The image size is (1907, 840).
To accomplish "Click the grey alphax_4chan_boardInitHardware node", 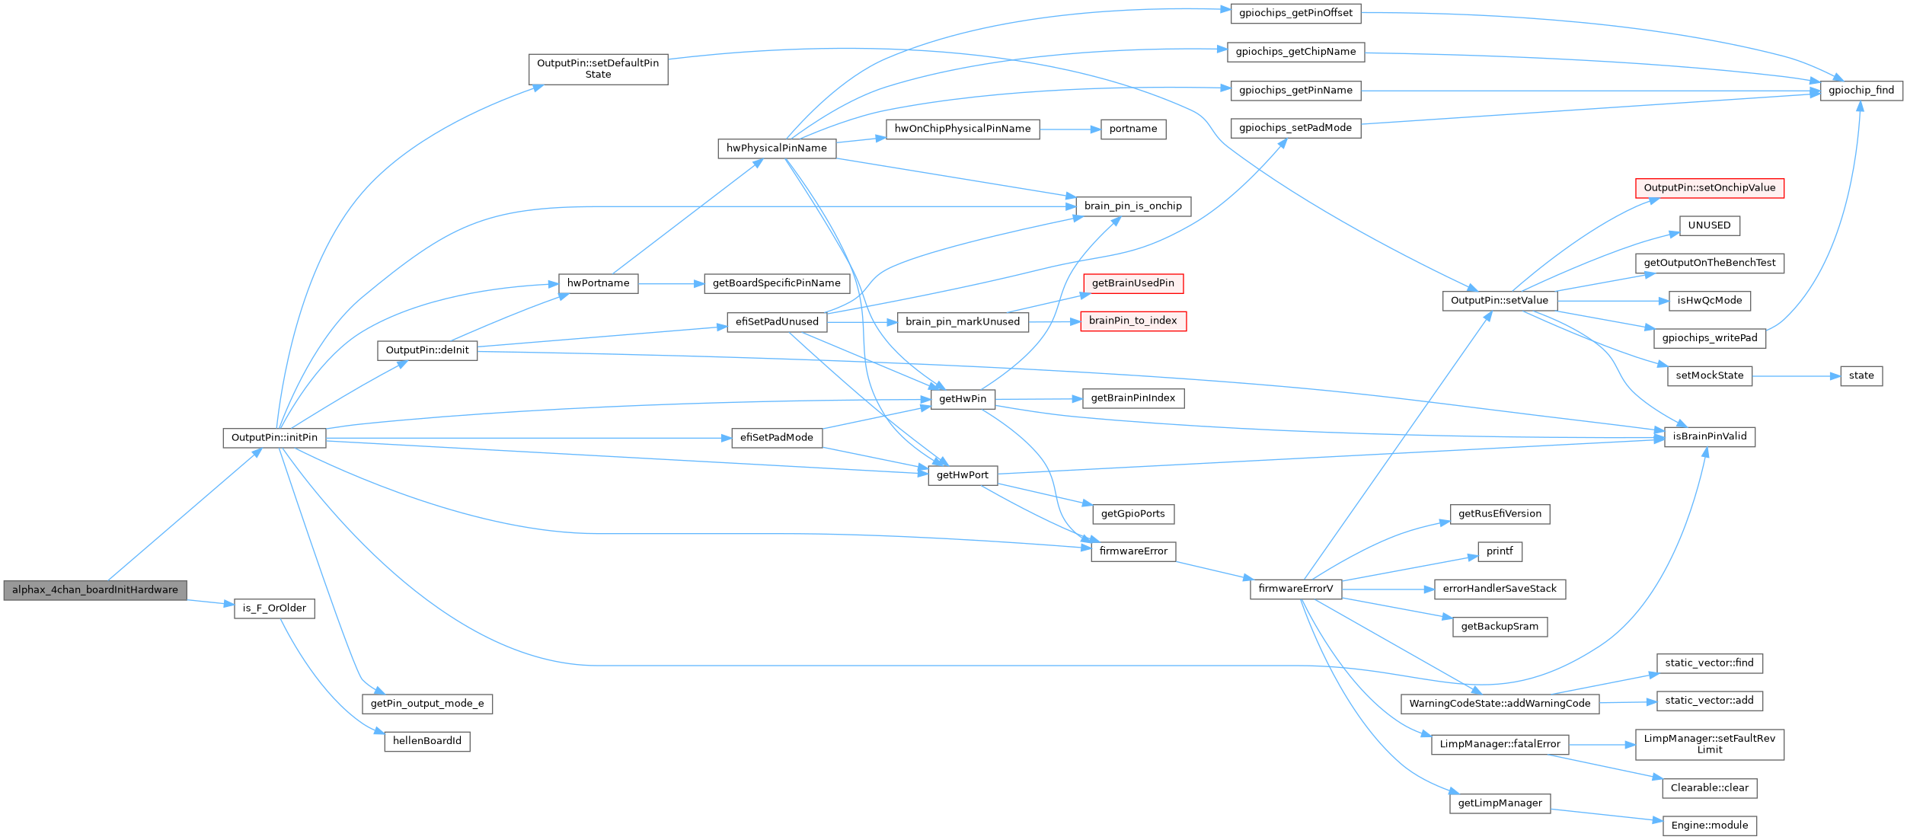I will (94, 590).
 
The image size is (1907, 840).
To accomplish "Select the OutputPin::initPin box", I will (274, 438).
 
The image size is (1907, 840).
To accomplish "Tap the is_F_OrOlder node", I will (274, 608).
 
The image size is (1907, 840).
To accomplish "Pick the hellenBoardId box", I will (426, 741).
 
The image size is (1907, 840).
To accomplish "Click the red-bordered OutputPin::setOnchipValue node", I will (1709, 188).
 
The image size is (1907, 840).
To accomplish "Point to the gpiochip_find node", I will (1861, 91).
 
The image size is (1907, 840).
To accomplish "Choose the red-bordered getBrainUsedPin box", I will (1132, 283).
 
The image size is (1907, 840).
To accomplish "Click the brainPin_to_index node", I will (1132, 321).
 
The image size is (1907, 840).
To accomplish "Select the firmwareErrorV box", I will (1295, 589).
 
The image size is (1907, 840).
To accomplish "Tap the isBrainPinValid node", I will (1709, 436).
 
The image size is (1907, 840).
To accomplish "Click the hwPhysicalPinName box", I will (776, 149).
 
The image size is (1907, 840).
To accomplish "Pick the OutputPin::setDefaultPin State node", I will (598, 69).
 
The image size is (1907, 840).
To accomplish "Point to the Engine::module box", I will (1709, 826).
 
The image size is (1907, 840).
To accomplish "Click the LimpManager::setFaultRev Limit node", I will (1709, 744).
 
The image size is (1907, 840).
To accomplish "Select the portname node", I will (1132, 129).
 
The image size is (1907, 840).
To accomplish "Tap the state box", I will (1861, 375).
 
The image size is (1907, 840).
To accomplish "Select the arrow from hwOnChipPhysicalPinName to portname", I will (1070, 129).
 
